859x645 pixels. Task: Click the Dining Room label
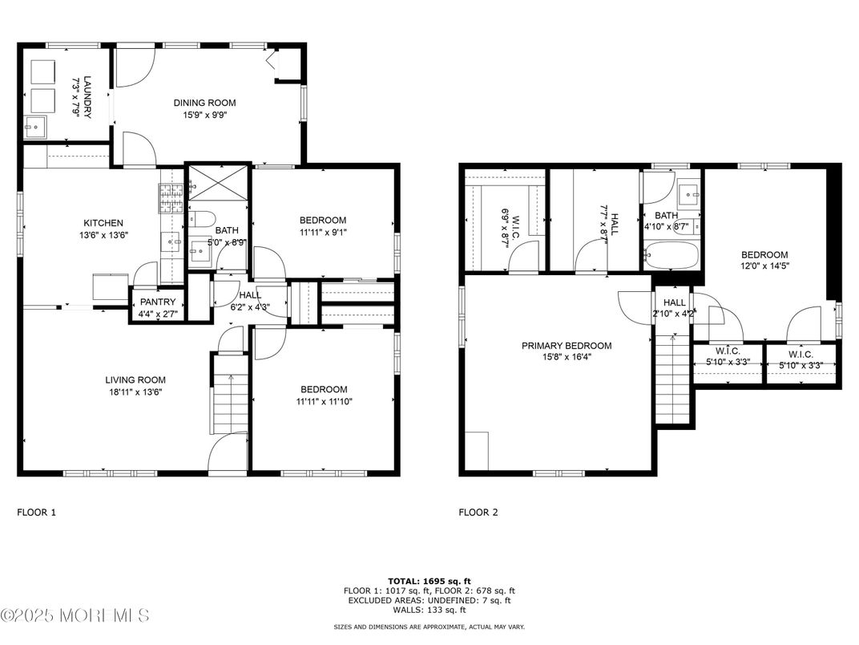pos(205,103)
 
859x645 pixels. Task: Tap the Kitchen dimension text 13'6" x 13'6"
pos(103,235)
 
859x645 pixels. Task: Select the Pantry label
pos(158,302)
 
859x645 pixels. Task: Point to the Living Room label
pos(135,380)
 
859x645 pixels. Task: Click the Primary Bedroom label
pos(567,346)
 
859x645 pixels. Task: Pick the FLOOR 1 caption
pos(37,513)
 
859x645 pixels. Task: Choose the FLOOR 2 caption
pos(478,513)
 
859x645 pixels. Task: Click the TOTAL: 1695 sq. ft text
pos(429,582)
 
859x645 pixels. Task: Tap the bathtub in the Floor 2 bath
pos(671,256)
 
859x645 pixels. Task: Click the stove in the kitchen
pos(171,198)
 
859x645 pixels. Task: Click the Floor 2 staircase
pos(673,379)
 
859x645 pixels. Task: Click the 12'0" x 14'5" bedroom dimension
pos(764,266)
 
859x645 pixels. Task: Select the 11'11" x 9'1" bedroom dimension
pos(323,232)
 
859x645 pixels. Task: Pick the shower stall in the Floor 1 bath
pos(217,184)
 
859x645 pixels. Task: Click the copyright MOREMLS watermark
pos(75,615)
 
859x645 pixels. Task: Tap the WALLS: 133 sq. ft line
pos(429,610)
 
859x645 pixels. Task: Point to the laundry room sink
pos(35,128)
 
